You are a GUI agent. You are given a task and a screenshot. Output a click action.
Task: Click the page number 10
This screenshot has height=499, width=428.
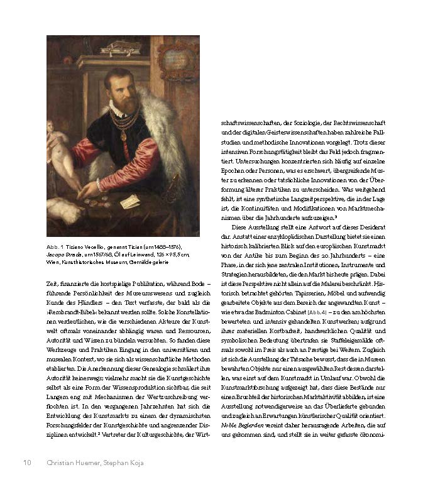pos(27,463)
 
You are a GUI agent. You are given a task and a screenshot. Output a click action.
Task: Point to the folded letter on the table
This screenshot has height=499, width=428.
pos(129,202)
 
